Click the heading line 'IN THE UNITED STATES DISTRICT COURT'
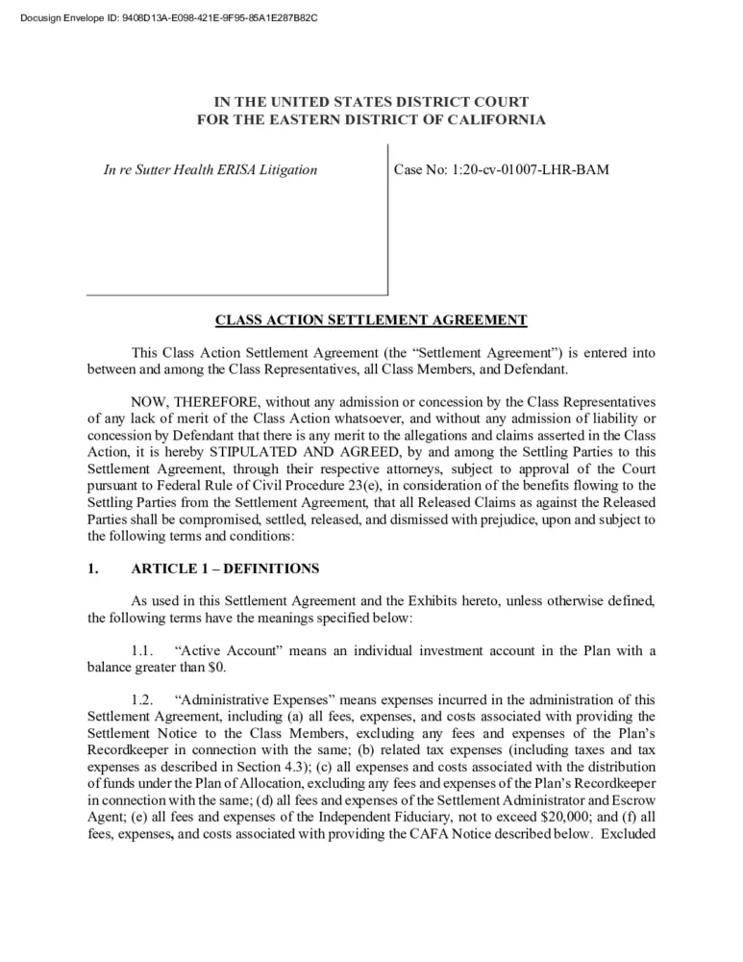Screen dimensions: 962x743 (371, 101)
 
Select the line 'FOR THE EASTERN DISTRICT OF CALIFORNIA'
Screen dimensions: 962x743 (371, 119)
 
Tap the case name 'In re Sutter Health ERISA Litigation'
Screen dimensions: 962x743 (211, 170)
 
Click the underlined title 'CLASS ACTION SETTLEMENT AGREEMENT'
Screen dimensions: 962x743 (371, 319)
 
